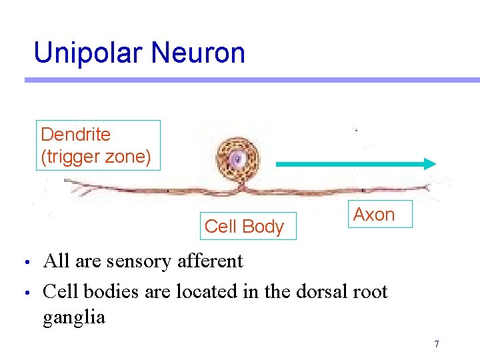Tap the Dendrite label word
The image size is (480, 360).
coord(75,134)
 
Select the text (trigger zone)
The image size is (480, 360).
coord(96,157)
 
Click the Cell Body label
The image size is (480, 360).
coord(244,227)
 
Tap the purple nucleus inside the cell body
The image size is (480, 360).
coord(237,159)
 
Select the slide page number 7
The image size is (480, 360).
coord(437,344)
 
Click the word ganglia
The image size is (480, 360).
coord(74,317)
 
